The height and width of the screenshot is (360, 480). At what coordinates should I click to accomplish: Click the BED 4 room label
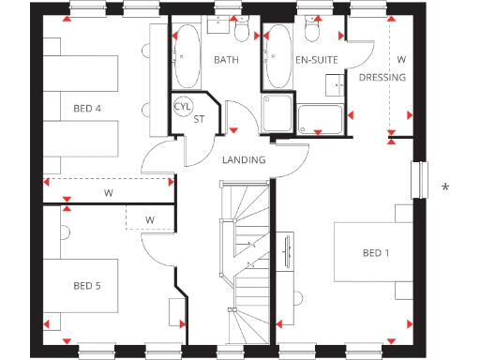tap(87, 109)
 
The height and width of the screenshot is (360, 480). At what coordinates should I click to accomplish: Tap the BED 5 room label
tap(87, 286)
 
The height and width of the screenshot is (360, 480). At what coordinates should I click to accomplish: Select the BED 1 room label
tap(377, 253)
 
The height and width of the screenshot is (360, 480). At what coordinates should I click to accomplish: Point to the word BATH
tap(227, 60)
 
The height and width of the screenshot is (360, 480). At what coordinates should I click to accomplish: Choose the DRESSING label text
tap(382, 78)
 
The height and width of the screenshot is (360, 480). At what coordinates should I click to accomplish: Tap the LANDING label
tap(244, 160)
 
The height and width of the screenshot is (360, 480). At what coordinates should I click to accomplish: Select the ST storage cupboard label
tap(199, 119)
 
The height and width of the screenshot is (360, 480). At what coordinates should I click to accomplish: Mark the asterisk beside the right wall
tap(445, 188)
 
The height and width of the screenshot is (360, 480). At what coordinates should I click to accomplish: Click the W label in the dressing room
tap(401, 60)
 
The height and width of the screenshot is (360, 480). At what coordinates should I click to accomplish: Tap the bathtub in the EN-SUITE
tap(278, 55)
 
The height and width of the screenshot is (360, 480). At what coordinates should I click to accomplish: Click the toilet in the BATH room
tap(243, 33)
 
